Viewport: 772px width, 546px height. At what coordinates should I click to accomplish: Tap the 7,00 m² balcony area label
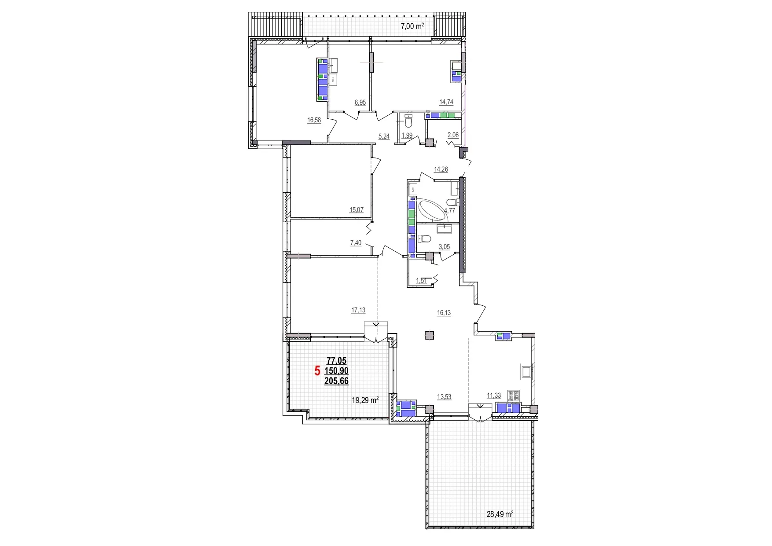pos(412,26)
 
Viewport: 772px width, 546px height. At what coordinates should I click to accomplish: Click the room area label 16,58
pos(314,120)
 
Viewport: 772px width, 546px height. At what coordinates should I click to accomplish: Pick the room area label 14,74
pos(446,102)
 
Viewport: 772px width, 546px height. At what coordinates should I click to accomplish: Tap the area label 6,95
pos(360,103)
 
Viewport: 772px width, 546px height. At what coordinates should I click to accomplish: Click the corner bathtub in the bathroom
pos(434,211)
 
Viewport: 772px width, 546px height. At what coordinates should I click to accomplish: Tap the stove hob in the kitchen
pos(513,394)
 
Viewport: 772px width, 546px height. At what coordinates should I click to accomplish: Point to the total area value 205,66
pos(336,381)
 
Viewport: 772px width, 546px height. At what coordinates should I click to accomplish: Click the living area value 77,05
pos(336,361)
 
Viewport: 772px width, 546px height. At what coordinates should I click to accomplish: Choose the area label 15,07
pos(356,210)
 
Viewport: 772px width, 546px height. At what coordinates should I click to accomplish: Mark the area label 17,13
pos(358,310)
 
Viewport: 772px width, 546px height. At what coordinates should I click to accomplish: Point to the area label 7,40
pos(356,243)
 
